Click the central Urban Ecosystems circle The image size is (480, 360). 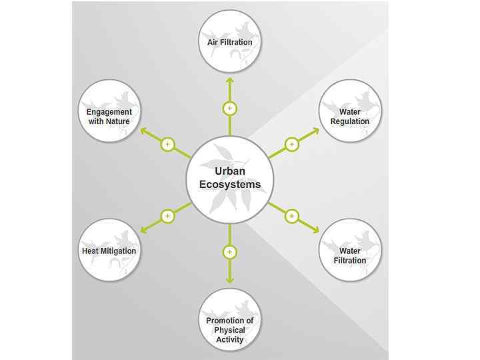tap(229, 178)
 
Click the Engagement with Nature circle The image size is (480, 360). tap(109, 111)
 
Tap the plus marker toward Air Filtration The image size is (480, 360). tap(229, 108)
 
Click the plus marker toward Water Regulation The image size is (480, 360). tap(291, 144)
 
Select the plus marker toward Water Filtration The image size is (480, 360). tap(291, 216)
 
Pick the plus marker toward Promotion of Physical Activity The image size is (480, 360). tap(229, 252)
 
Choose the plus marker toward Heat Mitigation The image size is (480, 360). tap(167, 216)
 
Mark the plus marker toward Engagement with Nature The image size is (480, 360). tap(167, 144)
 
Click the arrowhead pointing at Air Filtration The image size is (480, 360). tap(229, 79)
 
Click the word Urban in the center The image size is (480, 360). tap(229, 171)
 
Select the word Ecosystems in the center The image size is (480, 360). tap(229, 184)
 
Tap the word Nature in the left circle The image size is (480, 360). tap(117, 121)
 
